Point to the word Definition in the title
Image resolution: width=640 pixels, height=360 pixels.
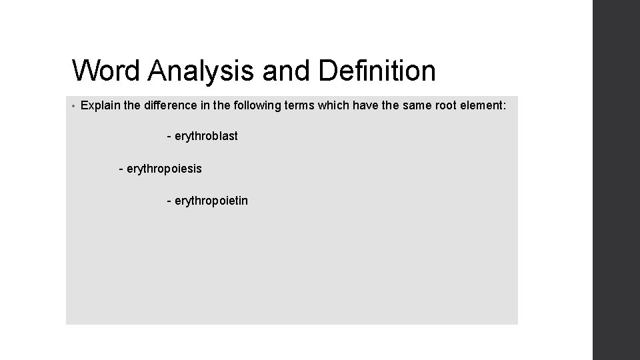tap(377, 71)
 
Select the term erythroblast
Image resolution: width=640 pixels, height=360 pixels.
tap(206, 136)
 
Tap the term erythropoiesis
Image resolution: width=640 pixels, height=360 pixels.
tap(164, 169)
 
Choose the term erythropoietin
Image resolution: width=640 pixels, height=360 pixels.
tap(211, 200)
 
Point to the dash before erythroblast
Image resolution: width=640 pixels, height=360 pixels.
tap(169, 137)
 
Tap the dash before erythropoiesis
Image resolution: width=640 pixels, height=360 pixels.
tap(121, 169)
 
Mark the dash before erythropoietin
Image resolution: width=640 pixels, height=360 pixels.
tap(169, 201)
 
